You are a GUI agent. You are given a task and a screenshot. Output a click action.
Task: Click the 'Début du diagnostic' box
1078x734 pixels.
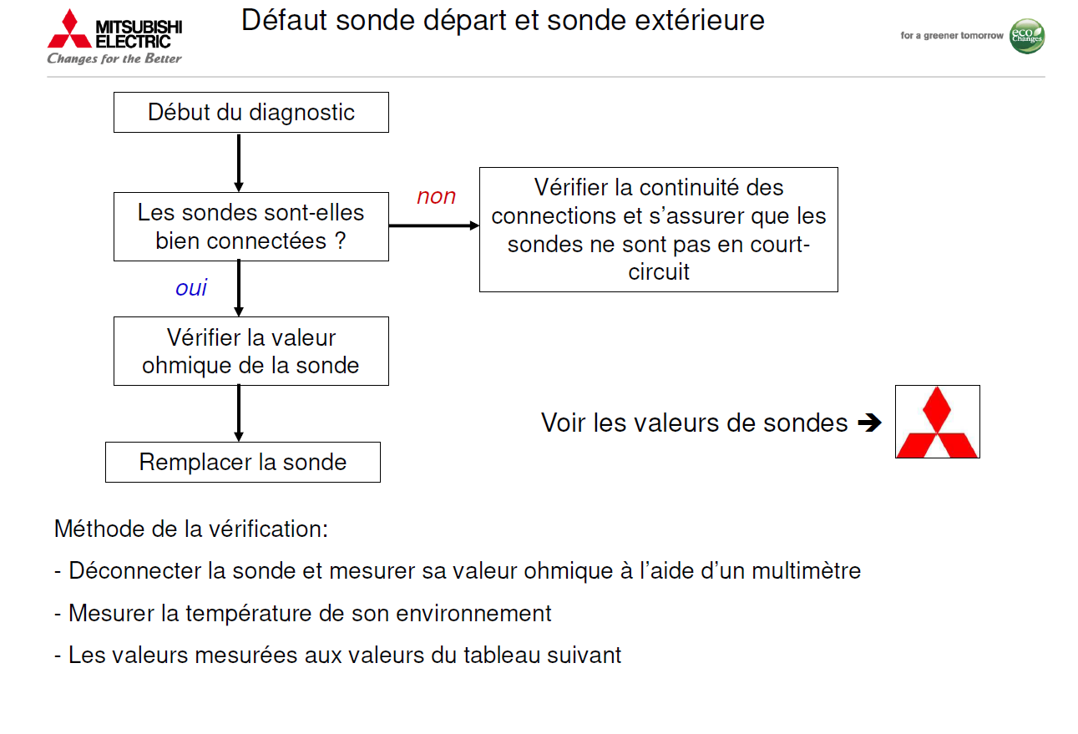pos(251,112)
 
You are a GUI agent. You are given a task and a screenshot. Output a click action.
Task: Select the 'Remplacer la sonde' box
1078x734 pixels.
pos(242,462)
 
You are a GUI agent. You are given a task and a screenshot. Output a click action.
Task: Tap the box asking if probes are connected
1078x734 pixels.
pos(251,226)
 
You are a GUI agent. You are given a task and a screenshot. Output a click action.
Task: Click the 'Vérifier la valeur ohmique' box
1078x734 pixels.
pos(251,351)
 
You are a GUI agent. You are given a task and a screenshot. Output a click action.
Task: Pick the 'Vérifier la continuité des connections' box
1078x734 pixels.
pos(658,230)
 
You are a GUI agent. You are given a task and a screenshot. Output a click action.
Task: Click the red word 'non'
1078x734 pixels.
pos(436,196)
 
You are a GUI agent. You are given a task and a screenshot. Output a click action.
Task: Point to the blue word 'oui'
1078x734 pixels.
pos(191,288)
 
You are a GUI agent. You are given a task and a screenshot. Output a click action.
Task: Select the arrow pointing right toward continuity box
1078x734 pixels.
pos(433,225)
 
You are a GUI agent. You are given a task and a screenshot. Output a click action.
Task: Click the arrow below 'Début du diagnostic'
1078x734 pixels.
pos(239,163)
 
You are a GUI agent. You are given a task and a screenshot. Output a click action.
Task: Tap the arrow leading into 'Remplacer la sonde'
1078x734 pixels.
pos(239,413)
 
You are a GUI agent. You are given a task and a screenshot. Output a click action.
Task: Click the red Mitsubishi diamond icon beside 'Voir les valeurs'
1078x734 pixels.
pos(937,422)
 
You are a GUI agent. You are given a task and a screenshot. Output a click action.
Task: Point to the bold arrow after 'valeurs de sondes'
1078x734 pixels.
pos(869,423)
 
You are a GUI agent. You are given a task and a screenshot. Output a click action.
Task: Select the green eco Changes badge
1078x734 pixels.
pos(1026,36)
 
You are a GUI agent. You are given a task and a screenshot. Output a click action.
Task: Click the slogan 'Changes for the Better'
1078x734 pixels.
pos(114,58)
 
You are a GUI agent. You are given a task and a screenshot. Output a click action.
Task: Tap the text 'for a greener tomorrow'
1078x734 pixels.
pos(951,36)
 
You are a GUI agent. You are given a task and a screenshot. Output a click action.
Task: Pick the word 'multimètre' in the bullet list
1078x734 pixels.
pos(806,571)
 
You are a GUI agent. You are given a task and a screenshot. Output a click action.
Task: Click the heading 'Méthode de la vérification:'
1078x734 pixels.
pos(191,529)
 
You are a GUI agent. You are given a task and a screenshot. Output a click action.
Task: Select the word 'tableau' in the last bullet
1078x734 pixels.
pos(499,655)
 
